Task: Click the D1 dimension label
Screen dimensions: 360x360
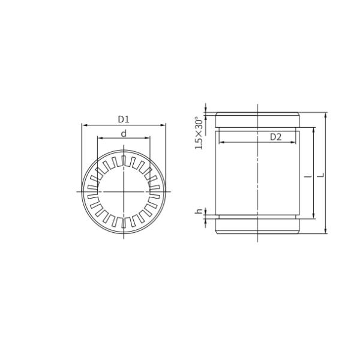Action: tap(124, 119)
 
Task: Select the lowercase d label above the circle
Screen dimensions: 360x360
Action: tap(124, 133)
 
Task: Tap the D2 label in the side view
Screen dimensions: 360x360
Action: tap(275, 137)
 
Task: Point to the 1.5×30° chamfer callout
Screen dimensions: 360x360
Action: tap(199, 133)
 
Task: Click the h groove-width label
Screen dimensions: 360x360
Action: tap(199, 212)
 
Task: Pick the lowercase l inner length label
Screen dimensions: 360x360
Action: tap(308, 175)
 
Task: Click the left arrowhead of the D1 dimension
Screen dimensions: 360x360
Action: tap(84, 125)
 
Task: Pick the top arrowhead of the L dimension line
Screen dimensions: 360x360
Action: tap(325, 115)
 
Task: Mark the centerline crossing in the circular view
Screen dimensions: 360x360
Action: tap(124, 191)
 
